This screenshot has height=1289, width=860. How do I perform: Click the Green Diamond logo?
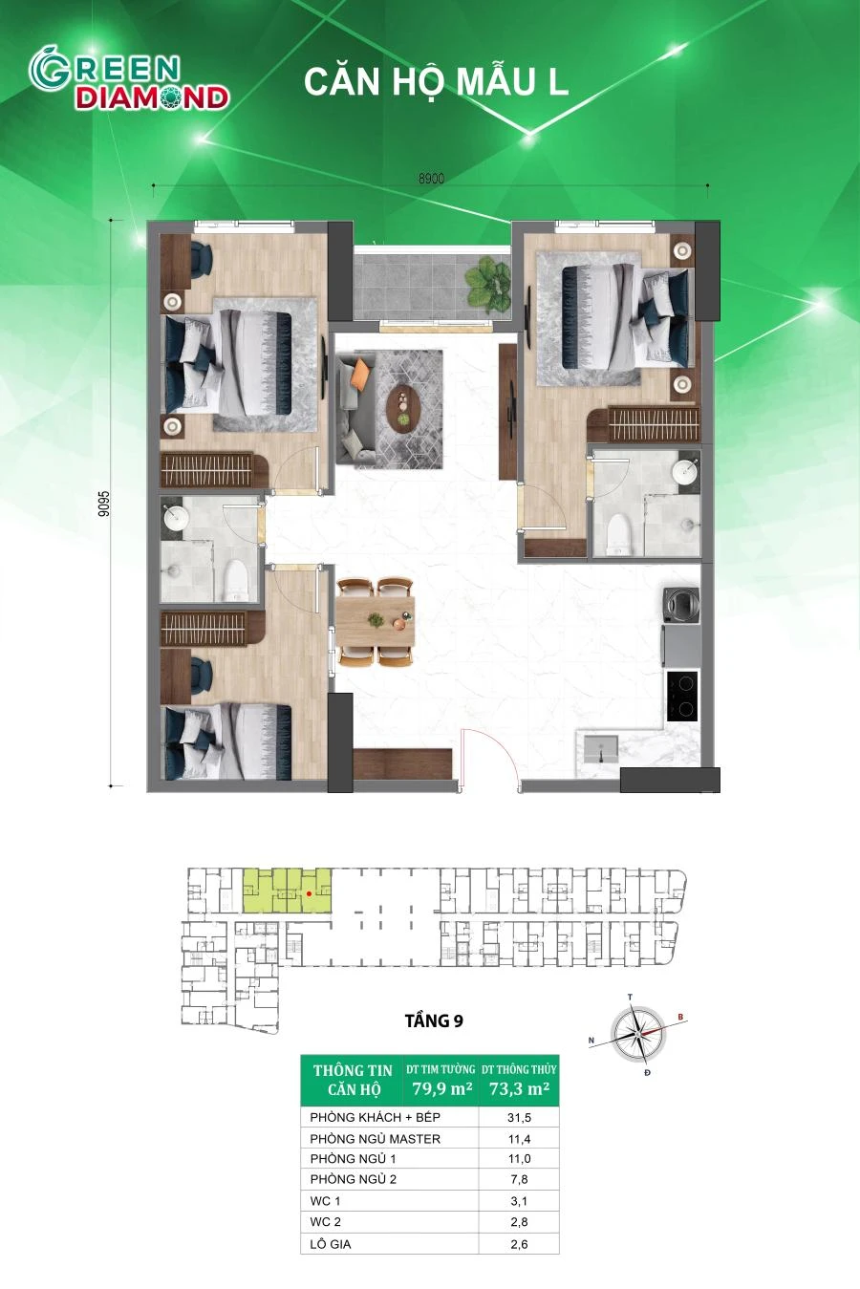point(128,80)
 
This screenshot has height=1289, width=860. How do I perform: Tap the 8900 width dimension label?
point(431,179)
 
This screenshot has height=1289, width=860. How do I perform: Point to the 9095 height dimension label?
point(103,504)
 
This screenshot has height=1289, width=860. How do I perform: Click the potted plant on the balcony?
point(487,282)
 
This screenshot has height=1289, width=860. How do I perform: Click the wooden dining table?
point(376,621)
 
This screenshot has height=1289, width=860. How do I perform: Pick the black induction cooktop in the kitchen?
point(682,696)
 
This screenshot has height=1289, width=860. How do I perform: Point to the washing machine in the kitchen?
point(681,605)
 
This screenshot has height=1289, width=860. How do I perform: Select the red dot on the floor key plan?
point(309,893)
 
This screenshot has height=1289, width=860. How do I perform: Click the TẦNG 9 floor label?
point(434,1020)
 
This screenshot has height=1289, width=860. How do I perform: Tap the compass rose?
point(637,1034)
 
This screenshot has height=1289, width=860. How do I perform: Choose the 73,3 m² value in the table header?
point(519,1088)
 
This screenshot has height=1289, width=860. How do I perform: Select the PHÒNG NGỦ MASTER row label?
point(376,1138)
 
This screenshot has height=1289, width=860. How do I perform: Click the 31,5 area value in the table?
point(519,1118)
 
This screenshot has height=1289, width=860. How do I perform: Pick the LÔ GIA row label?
point(331,1244)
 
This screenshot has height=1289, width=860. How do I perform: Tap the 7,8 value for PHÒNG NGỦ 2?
point(519,1180)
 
